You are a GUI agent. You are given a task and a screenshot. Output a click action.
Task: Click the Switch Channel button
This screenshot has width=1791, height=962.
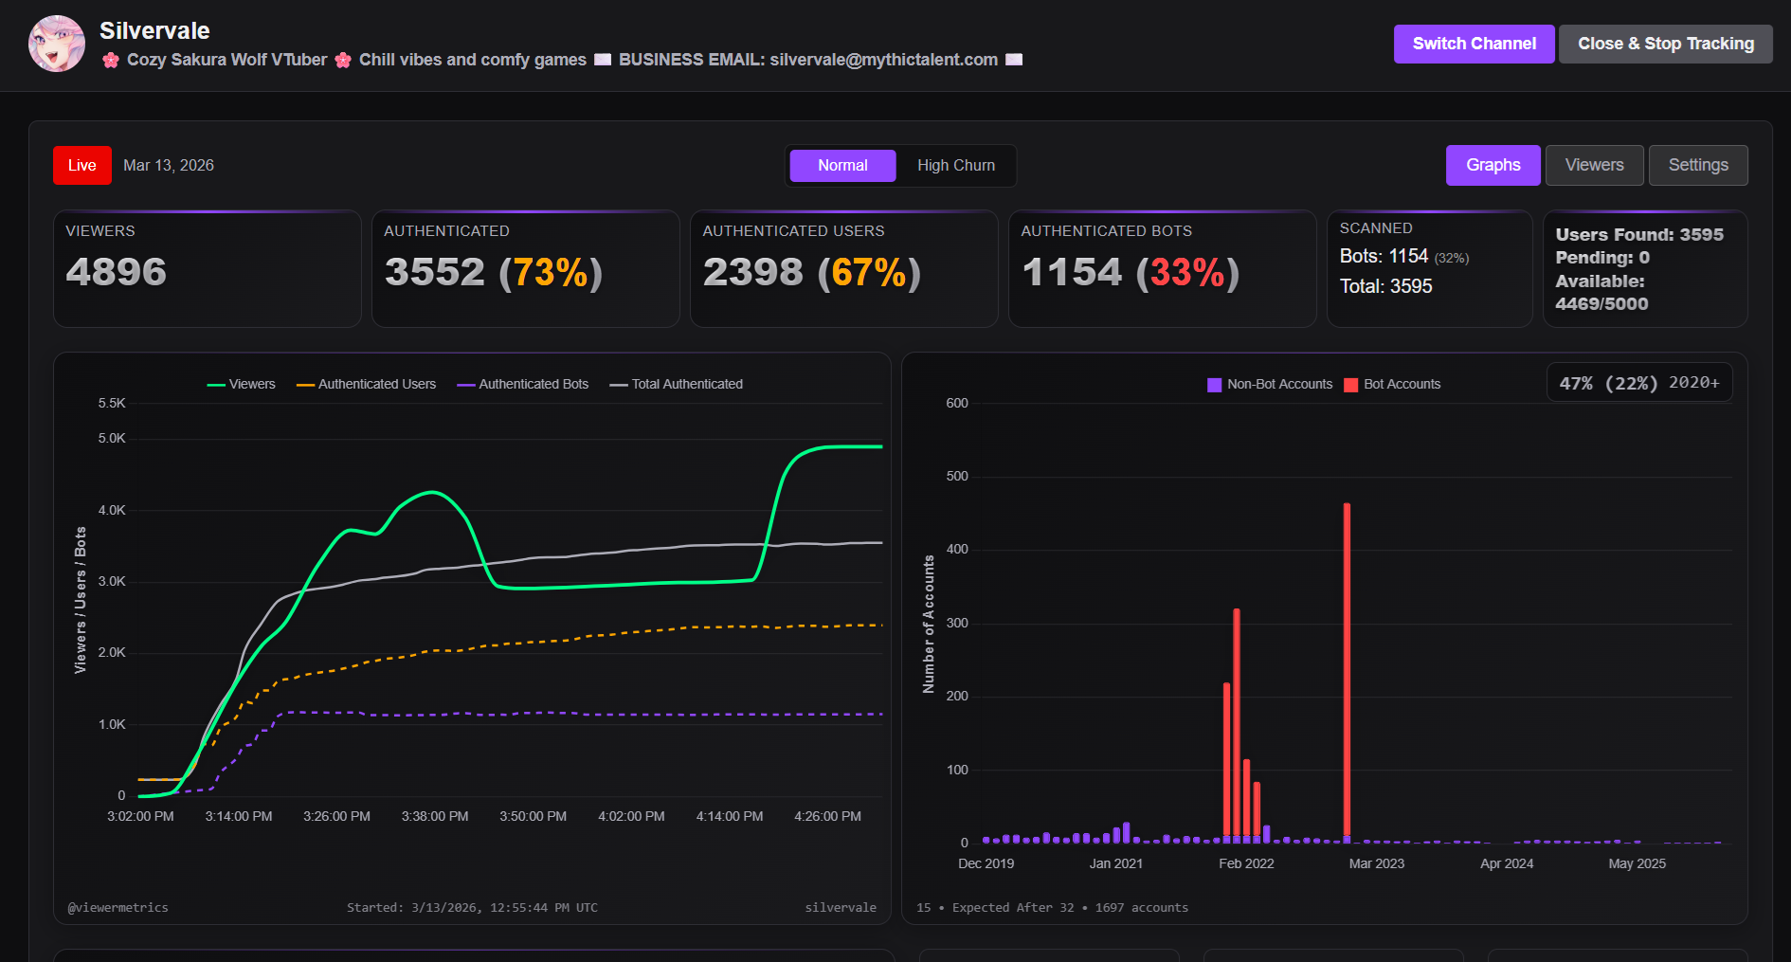pyautogui.click(x=1474, y=44)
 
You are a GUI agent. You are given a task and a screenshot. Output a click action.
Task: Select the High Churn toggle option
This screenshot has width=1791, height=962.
pyautogui.click(x=955, y=166)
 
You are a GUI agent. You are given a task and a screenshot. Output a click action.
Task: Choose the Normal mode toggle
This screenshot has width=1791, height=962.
pyautogui.click(x=842, y=166)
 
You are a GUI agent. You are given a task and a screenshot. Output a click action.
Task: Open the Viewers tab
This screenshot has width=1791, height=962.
pyautogui.click(x=1594, y=165)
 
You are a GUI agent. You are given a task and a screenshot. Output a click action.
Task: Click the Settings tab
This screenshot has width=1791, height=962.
pyautogui.click(x=1697, y=165)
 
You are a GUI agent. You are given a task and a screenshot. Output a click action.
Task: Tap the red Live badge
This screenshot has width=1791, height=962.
pyautogui.click(x=82, y=165)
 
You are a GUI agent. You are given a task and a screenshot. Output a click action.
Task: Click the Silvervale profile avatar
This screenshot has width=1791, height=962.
pyautogui.click(x=57, y=44)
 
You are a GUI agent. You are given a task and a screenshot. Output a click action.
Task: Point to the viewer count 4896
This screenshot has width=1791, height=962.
pyautogui.click(x=116, y=272)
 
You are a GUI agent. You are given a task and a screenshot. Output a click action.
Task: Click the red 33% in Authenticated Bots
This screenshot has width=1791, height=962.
pyautogui.click(x=1187, y=273)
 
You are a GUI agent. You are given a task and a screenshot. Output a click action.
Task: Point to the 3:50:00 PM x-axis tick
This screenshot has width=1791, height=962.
pyautogui.click(x=533, y=816)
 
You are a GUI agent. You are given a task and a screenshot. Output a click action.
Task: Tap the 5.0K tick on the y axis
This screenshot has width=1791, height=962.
pyautogui.click(x=112, y=438)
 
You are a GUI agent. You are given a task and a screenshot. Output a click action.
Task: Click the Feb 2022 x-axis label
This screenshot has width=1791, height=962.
pyautogui.click(x=1246, y=863)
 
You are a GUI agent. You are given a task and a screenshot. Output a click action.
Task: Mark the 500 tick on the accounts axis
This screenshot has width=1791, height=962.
pyautogui.click(x=957, y=476)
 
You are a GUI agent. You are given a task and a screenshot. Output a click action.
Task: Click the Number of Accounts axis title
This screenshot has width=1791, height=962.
pyautogui.click(x=929, y=624)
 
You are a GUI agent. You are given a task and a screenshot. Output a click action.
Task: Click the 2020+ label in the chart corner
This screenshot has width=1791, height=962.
pyautogui.click(x=1693, y=382)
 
